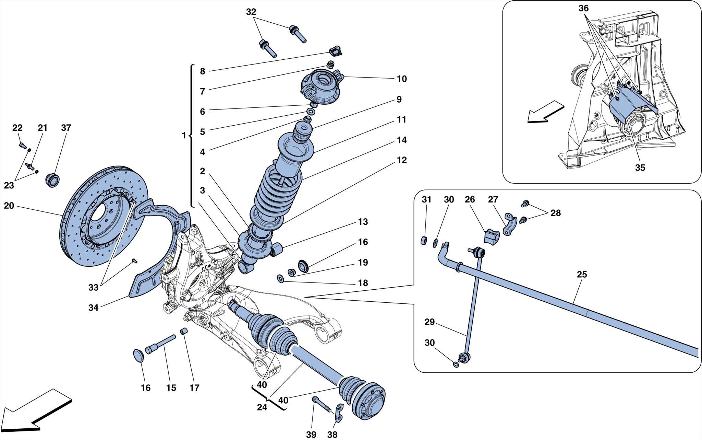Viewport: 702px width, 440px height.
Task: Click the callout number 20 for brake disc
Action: [9, 206]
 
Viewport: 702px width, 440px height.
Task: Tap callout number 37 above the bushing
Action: [66, 128]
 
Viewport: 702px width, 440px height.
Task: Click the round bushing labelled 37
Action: [52, 180]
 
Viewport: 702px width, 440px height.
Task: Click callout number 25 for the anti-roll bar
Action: [582, 274]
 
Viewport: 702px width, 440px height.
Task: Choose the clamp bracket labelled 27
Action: [510, 225]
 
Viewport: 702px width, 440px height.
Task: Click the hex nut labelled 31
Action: [424, 240]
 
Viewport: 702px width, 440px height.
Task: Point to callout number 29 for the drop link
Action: [429, 322]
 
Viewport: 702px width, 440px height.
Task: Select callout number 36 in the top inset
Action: [583, 8]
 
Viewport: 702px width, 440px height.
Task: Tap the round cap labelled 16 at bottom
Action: [138, 356]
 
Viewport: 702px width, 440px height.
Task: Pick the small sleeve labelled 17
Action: [184, 331]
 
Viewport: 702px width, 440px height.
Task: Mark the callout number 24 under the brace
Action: [262, 407]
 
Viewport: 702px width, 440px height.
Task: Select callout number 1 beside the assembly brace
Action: [184, 136]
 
